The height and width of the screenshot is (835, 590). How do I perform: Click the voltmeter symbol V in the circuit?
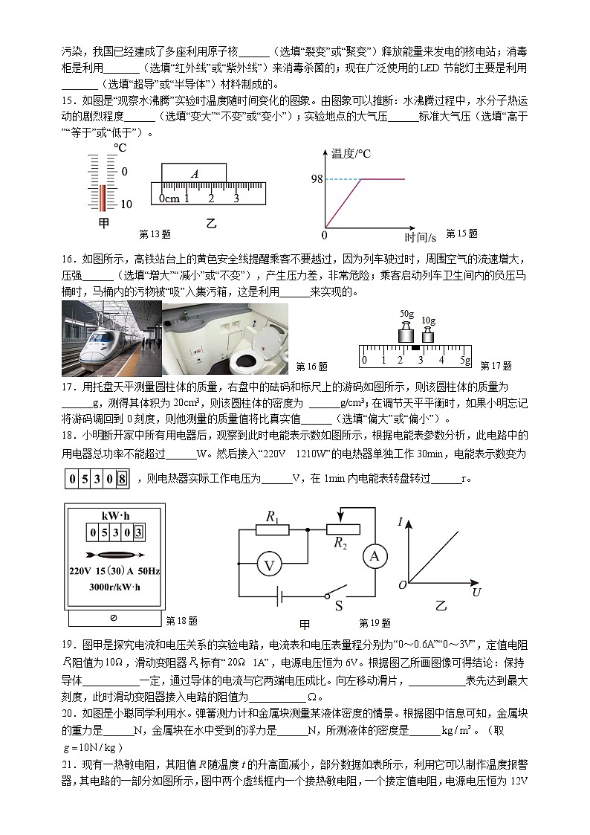[270, 566]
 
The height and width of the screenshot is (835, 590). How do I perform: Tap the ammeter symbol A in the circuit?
[375, 556]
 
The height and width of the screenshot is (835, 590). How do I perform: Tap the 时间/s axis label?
[420, 237]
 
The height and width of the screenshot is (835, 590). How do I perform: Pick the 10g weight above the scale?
[429, 333]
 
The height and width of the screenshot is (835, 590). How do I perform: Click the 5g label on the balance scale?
[464, 360]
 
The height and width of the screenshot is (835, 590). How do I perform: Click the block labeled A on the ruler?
[195, 173]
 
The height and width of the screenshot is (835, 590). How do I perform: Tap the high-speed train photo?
[111, 338]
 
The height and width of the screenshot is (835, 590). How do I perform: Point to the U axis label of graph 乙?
[476, 592]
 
